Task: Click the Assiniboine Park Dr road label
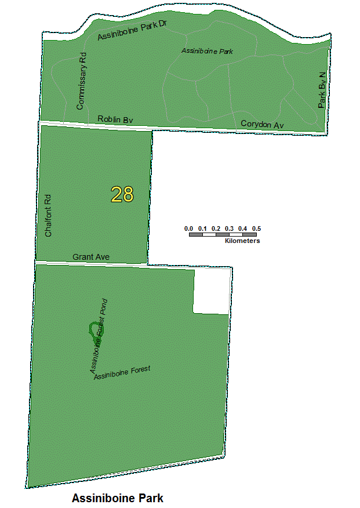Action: (132, 32)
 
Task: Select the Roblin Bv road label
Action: (115, 119)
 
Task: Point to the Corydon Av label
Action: (262, 124)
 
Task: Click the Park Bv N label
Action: (323, 90)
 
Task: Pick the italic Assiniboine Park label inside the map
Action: (207, 51)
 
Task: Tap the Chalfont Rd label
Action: (49, 215)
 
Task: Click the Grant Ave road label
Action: (91, 256)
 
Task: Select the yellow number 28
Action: (122, 195)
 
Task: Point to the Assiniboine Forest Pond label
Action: (99, 335)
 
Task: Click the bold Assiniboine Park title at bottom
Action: (118, 498)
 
